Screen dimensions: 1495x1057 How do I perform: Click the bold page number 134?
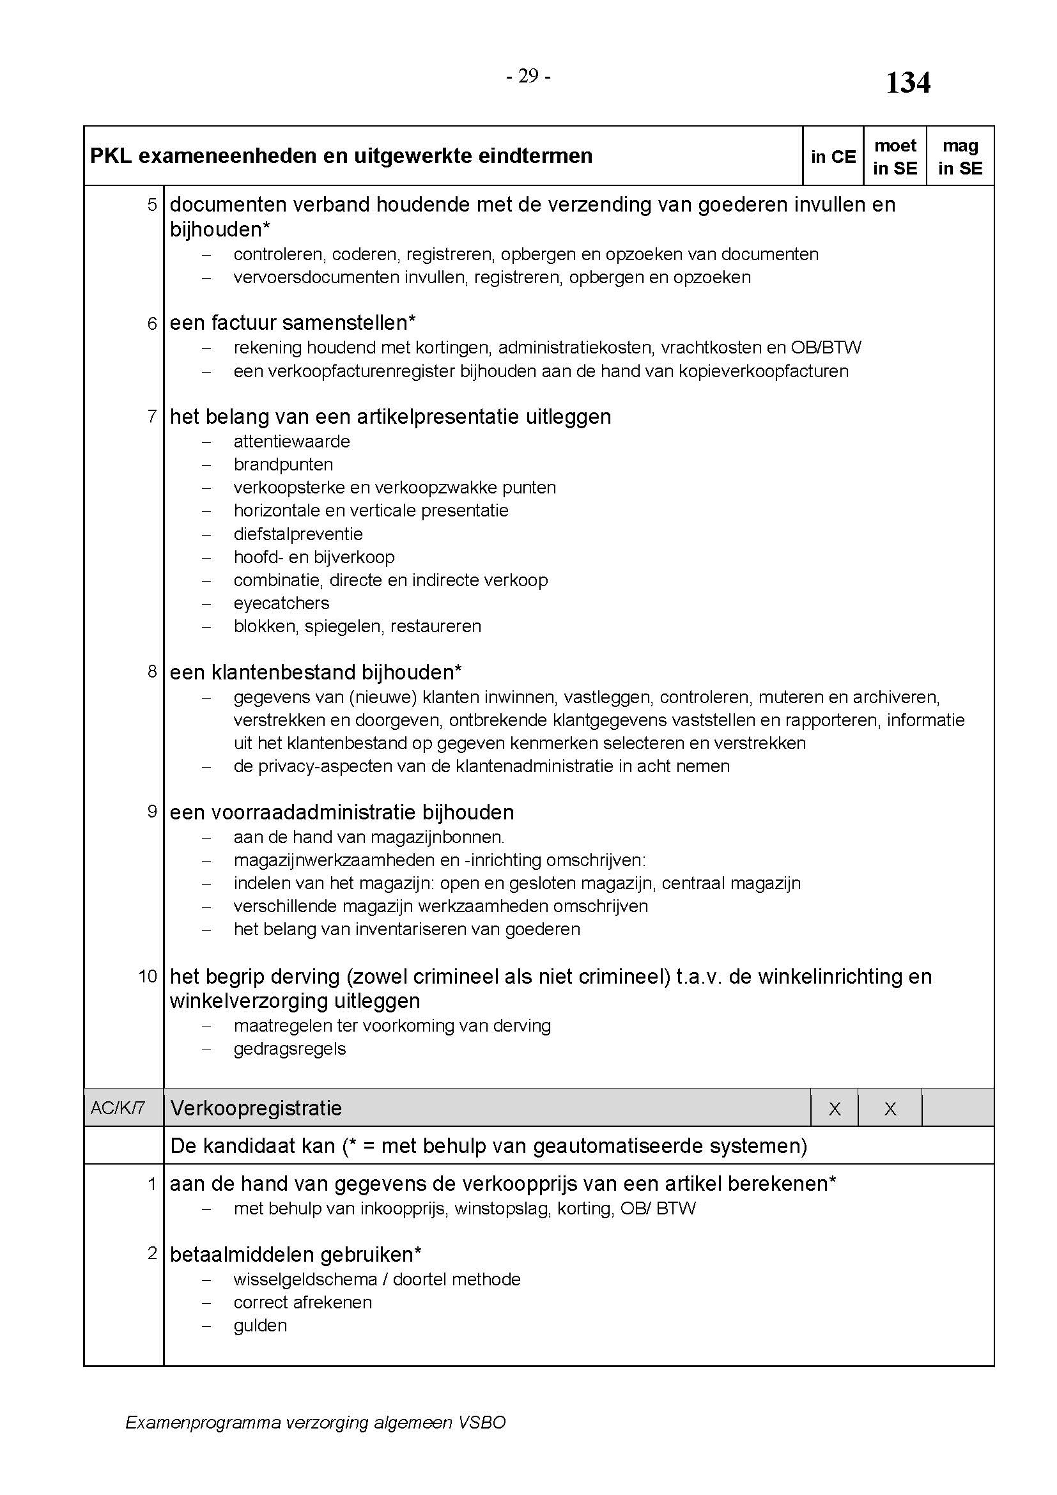908,83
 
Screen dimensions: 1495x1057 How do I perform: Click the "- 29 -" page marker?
528,77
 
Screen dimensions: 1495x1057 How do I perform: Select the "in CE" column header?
833,157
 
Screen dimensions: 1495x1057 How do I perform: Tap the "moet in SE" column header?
895,157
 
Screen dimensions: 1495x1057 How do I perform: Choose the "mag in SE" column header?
960,157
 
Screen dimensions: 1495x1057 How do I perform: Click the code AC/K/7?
118,1108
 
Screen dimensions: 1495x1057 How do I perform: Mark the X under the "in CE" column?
835,1109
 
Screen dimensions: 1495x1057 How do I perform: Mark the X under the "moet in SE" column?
890,1109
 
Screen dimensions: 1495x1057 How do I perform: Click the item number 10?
148,977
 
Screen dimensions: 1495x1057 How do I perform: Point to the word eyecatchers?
281,603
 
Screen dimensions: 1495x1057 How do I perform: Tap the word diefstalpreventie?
298,534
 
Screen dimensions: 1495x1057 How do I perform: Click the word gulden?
260,1325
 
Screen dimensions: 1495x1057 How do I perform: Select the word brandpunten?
283,464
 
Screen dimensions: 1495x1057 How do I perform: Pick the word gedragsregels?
289,1048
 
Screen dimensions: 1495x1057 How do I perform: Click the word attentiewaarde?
291,442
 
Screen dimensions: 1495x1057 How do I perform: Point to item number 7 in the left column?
152,416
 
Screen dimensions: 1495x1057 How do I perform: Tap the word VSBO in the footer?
482,1423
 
